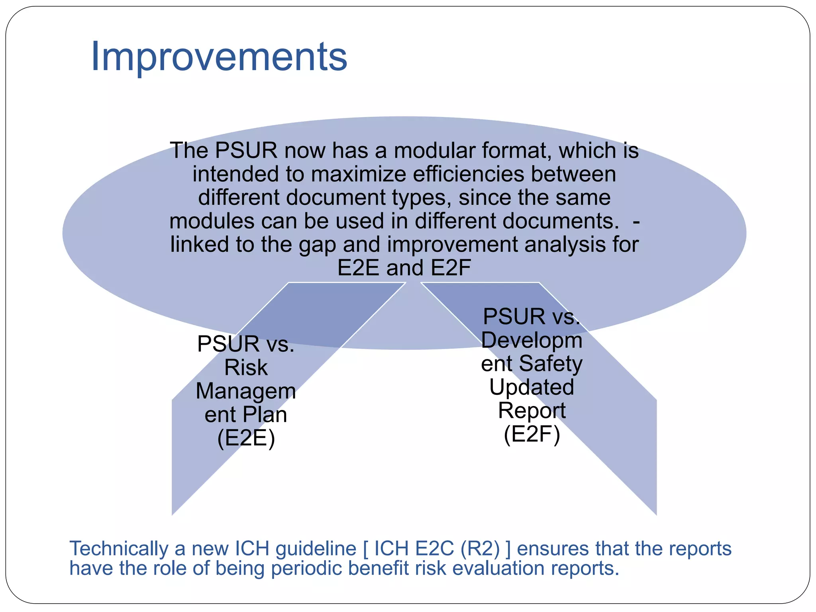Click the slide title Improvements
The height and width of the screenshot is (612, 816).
point(219,57)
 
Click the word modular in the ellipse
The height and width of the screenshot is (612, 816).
point(434,151)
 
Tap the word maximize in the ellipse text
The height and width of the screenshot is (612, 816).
point(360,174)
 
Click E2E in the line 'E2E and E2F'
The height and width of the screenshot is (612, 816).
point(358,268)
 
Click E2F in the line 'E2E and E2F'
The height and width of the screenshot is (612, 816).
point(451,268)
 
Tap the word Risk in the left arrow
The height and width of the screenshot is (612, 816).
point(246,367)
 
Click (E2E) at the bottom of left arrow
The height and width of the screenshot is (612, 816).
point(246,438)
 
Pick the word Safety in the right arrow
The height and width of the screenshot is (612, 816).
point(551,364)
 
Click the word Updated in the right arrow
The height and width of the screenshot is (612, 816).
point(532,387)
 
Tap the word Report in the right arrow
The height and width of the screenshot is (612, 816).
point(532,410)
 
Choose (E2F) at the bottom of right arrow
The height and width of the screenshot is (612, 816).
point(532,434)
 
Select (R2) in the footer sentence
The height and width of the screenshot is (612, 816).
point(480,549)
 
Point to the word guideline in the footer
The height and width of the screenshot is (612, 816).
point(316,549)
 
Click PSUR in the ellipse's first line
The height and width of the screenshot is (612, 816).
point(246,151)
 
